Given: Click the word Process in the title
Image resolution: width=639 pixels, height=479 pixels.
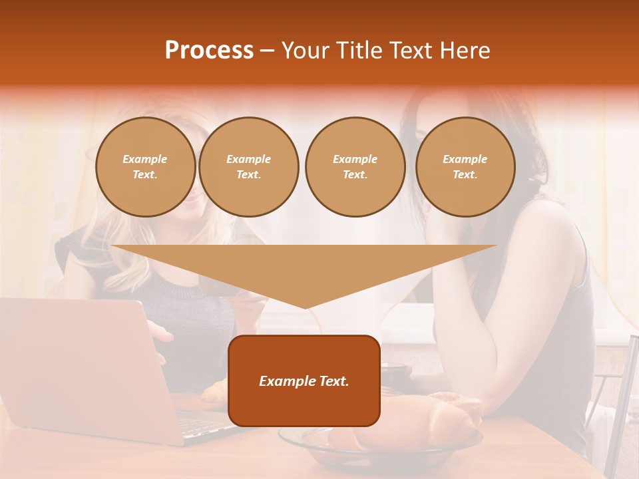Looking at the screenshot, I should pyautogui.click(x=209, y=51).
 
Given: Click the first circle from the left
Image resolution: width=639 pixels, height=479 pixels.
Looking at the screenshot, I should pyautogui.click(x=145, y=167).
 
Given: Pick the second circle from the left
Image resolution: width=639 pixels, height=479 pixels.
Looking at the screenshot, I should pyautogui.click(x=248, y=167).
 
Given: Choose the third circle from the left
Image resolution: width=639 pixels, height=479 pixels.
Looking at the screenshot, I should pyautogui.click(x=355, y=167).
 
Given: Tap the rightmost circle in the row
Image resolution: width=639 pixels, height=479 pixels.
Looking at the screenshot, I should pyautogui.click(x=465, y=167).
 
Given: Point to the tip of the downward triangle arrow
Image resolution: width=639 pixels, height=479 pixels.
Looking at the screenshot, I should pyautogui.click(x=305, y=307).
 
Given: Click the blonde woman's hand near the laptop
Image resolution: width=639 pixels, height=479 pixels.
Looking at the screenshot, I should pyautogui.click(x=160, y=333).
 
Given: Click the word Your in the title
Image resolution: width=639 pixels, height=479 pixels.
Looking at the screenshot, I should pyautogui.click(x=305, y=51).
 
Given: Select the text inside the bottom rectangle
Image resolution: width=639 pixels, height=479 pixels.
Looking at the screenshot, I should pyautogui.click(x=304, y=381).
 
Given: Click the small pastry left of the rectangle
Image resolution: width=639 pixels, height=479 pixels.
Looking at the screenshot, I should pyautogui.click(x=214, y=393).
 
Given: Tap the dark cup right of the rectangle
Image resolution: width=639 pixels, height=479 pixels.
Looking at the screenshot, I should pyautogui.click(x=395, y=374).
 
